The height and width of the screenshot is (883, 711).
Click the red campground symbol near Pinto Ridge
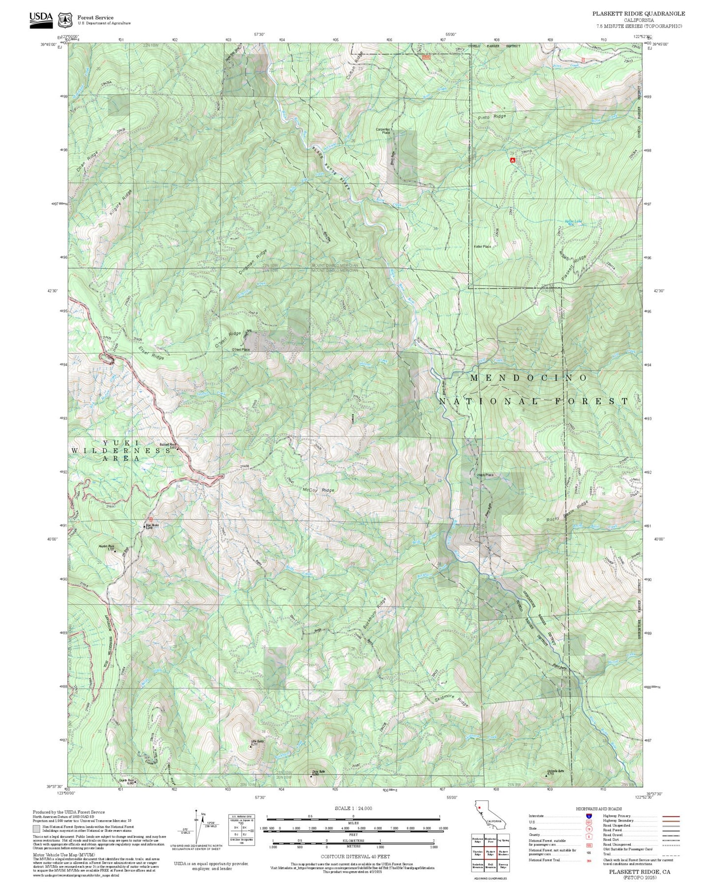(512, 160)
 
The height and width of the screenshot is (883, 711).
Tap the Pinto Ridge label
(492, 117)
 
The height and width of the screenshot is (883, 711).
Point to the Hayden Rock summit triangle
(115, 551)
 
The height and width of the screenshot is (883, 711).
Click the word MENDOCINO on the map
(528, 378)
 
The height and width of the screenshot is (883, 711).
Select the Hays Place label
(485, 475)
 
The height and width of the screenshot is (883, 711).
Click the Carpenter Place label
(383, 131)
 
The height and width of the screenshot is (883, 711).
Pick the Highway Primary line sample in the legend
(671, 816)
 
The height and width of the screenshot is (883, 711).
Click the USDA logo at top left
(41, 19)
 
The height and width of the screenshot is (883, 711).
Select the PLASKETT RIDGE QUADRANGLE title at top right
(638, 14)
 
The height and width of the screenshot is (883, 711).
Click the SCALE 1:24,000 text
(353, 808)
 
